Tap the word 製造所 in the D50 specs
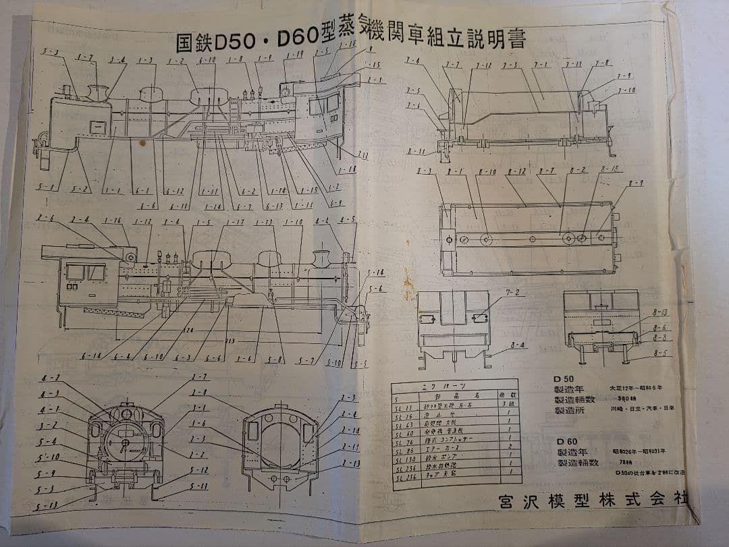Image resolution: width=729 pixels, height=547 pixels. [571, 410]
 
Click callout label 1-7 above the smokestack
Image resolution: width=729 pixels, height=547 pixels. [84, 58]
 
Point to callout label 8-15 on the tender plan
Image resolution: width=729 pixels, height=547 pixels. [611, 169]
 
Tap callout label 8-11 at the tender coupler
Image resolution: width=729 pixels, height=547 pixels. [417, 151]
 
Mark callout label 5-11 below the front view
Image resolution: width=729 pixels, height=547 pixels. [198, 486]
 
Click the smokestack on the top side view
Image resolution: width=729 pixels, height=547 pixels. [99, 93]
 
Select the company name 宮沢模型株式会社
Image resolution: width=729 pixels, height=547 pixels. [594, 502]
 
